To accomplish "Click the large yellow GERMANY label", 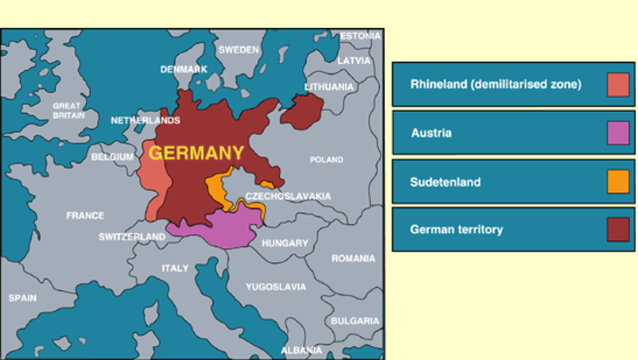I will tap(196, 153).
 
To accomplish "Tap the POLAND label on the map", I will tap(326, 160).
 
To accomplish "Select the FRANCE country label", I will tap(85, 215).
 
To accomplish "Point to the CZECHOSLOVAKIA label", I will tap(288, 196).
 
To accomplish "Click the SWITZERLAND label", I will tap(133, 237).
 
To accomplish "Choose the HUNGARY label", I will tap(285, 242).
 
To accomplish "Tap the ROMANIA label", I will tap(353, 258).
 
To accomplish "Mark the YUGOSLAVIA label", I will tap(276, 286).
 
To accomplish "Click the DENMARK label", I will tap(184, 69).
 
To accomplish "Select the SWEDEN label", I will tap(238, 49).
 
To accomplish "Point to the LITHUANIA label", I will tap(329, 87).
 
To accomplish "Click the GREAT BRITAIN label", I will tap(67, 110).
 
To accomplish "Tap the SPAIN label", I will tap(22, 298).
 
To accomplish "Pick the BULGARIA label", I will tap(355, 320).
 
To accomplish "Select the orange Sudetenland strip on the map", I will tap(216, 190).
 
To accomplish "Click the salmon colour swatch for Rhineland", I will tap(618, 85).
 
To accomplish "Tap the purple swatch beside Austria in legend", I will tap(618, 133).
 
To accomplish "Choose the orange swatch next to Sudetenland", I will tap(618, 181).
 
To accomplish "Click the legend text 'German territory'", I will tap(457, 229).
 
